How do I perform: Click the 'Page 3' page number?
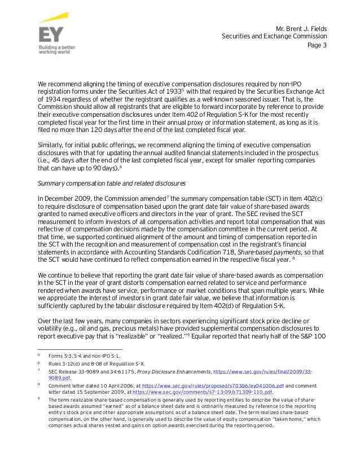tap(317, 46)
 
